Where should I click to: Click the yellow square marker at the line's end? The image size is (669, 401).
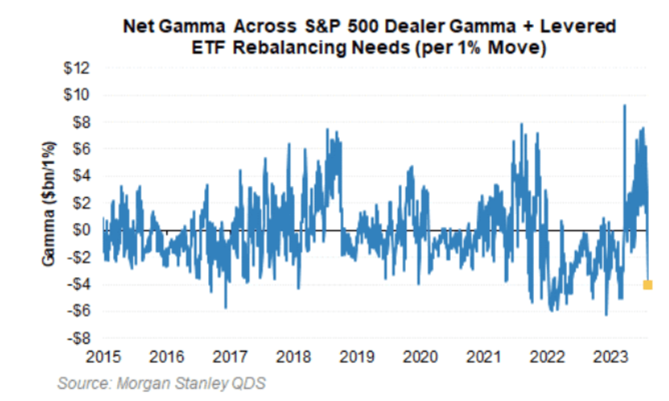coord(647,285)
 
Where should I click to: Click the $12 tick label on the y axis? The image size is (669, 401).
coord(78,68)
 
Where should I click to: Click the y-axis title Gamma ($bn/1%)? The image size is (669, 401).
coord(50,203)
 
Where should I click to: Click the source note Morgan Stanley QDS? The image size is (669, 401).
coord(162,383)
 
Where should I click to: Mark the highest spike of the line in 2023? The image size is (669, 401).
coord(624,105)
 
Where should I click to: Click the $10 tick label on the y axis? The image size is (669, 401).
coord(78,95)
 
